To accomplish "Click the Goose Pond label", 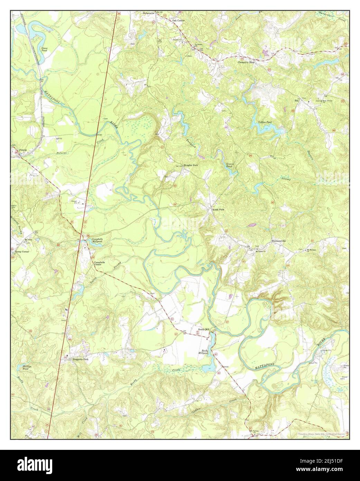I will [x=45, y=49].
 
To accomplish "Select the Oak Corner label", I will [x=178, y=21].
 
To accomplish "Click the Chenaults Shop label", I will [x=246, y=63].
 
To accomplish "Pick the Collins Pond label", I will [x=265, y=122].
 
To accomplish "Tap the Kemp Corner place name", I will [x=21, y=252].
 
